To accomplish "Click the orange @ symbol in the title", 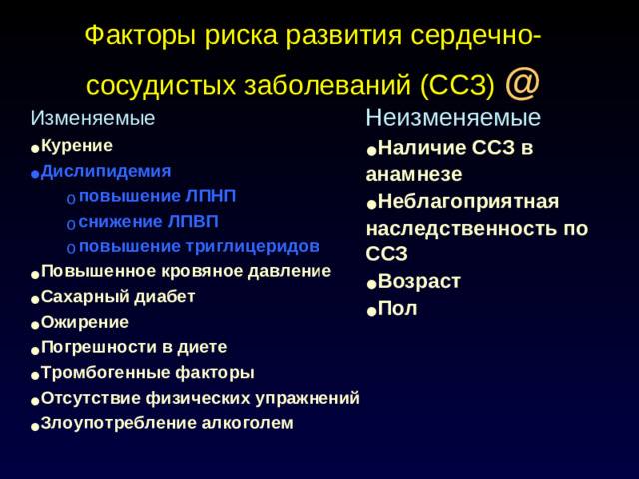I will pyautogui.click(x=523, y=83).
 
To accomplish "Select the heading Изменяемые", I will pyautogui.click(x=93, y=119).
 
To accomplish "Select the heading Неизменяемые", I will pyautogui.click(x=453, y=118).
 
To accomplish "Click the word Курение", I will pyautogui.click(x=77, y=146).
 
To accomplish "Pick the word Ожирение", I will pyautogui.click(x=85, y=323).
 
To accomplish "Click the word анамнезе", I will pyautogui.click(x=413, y=174).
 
